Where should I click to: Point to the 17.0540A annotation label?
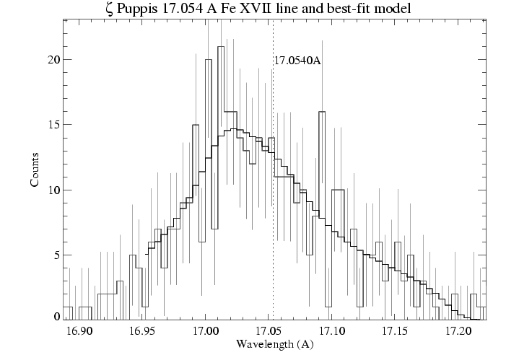(x=297, y=61)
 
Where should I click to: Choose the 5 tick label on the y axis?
(x=55, y=255)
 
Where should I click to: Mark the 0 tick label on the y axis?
(x=55, y=317)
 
